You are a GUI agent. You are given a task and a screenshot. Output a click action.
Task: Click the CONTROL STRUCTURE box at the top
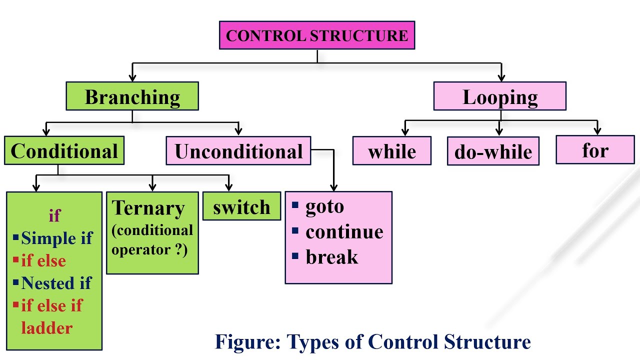317,35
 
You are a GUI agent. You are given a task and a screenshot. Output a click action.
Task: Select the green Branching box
132,96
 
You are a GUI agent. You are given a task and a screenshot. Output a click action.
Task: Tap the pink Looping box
499,96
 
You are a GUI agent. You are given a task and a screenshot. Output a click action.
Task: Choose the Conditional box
64,151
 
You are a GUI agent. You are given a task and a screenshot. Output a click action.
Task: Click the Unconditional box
238,151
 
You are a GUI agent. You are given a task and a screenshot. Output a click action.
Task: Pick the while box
391,151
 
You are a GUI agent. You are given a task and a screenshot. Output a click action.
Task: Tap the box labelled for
594,150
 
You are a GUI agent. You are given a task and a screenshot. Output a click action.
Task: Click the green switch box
241,206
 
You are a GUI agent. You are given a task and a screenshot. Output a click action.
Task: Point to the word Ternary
148,208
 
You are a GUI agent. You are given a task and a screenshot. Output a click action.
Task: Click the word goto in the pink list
324,206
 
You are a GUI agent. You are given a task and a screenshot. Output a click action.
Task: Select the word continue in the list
344,232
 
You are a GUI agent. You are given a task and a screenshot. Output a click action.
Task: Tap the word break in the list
331,257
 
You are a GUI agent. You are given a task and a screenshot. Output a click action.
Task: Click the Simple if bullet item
56,238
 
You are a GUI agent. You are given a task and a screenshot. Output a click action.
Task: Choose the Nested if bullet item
56,283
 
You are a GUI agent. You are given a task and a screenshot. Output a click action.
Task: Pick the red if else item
43,260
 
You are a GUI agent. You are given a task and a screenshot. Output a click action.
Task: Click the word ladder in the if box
46,328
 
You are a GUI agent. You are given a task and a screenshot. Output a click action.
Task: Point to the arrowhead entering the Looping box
501,78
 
